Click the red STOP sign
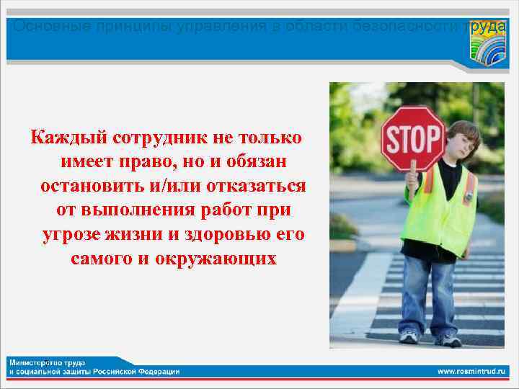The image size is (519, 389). coord(412,138)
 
